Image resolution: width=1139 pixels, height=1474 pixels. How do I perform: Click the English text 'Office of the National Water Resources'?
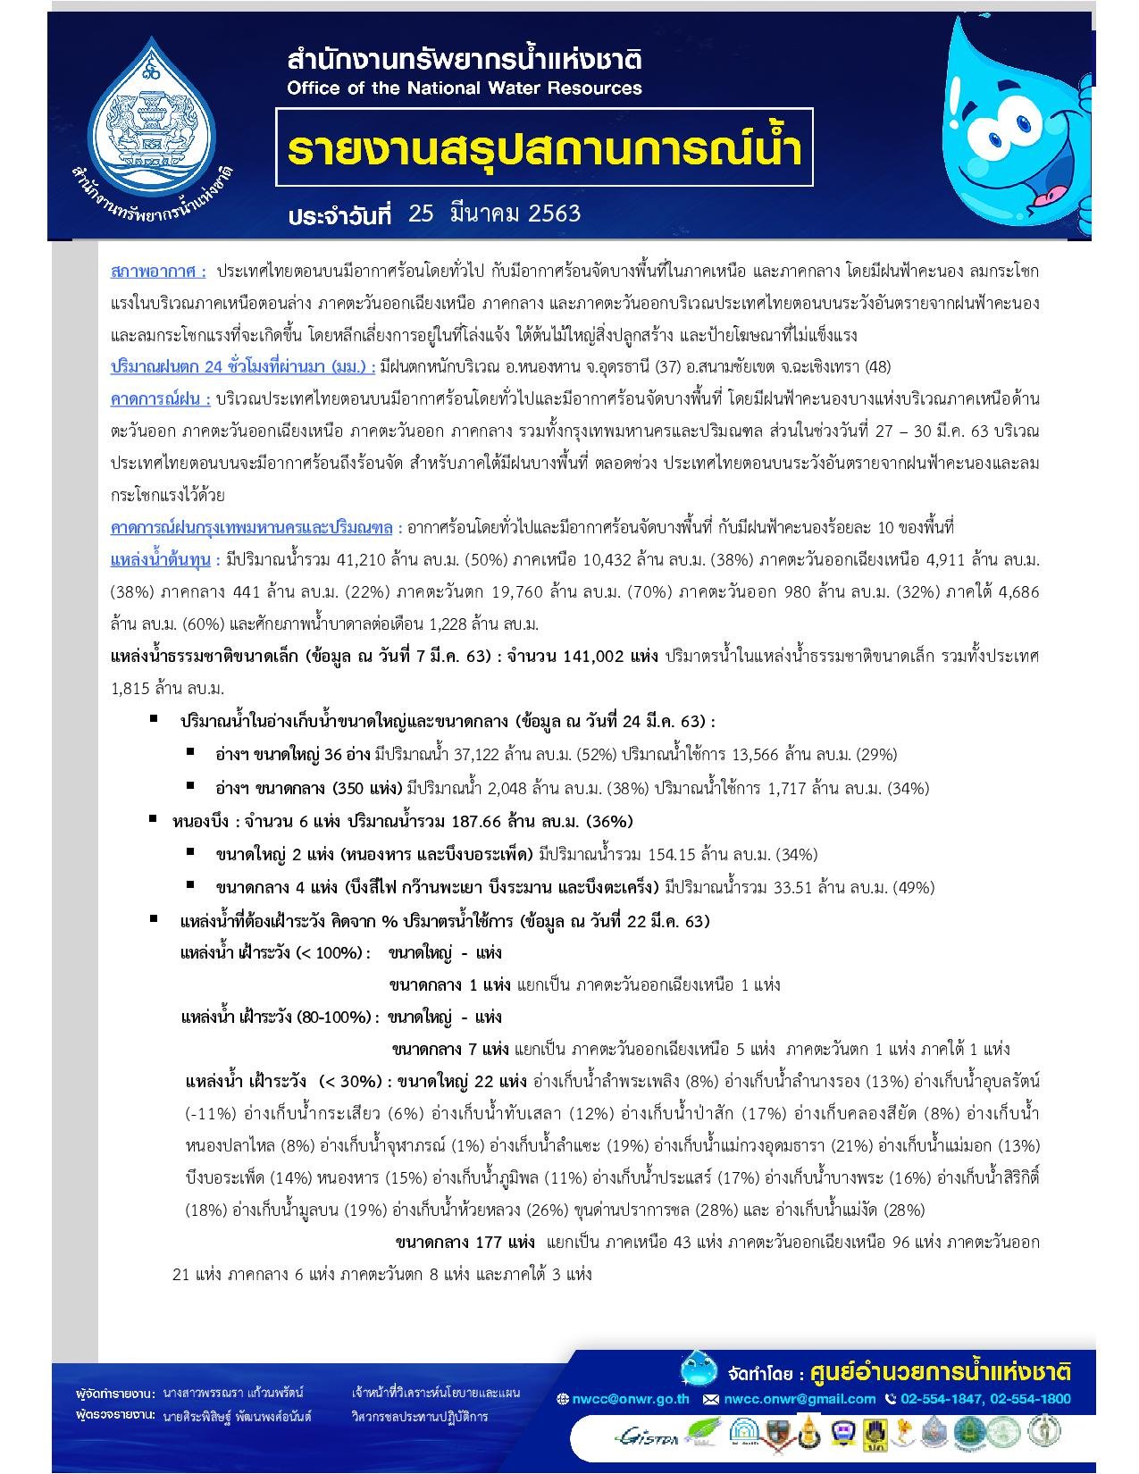pyautogui.click(x=464, y=88)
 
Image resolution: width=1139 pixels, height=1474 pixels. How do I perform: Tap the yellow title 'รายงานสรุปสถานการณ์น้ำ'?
pyautogui.click(x=544, y=148)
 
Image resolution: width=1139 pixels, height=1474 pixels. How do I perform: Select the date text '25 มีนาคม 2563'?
pyautogui.click(x=494, y=214)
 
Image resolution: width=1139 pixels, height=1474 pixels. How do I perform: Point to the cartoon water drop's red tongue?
pyautogui.click(x=1053, y=196)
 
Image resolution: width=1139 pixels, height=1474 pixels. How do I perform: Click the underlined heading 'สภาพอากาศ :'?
pyautogui.click(x=158, y=271)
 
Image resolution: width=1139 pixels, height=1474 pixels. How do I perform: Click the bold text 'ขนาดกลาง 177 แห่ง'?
pyautogui.click(x=465, y=1243)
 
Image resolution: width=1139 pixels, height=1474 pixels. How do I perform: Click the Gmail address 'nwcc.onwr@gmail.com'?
pyautogui.click(x=799, y=1399)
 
